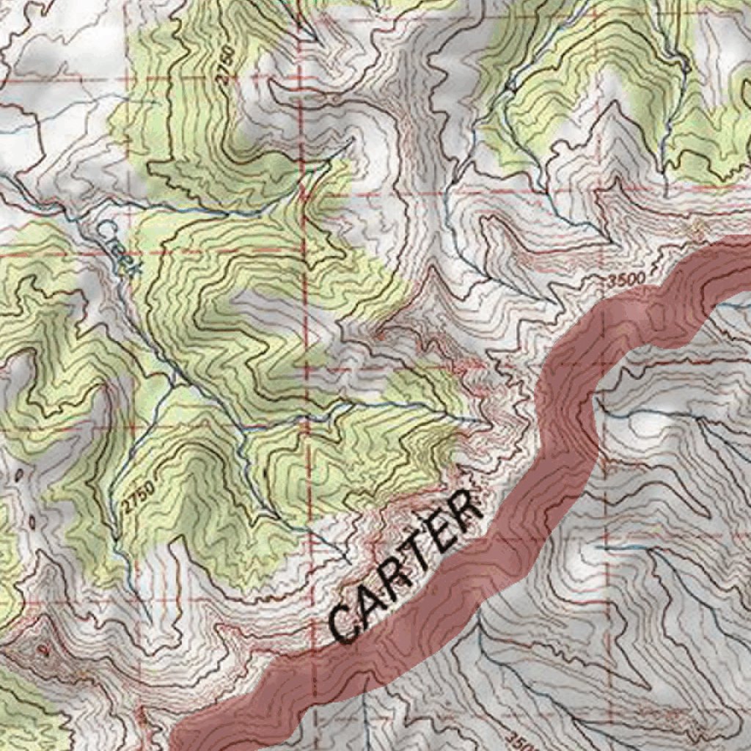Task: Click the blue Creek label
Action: click(117, 248)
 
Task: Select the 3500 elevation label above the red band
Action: click(626, 279)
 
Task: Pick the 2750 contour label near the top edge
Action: click(227, 68)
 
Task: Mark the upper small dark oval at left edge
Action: click(19, 475)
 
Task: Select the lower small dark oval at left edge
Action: click(33, 522)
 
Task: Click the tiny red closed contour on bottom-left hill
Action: click(46, 648)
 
